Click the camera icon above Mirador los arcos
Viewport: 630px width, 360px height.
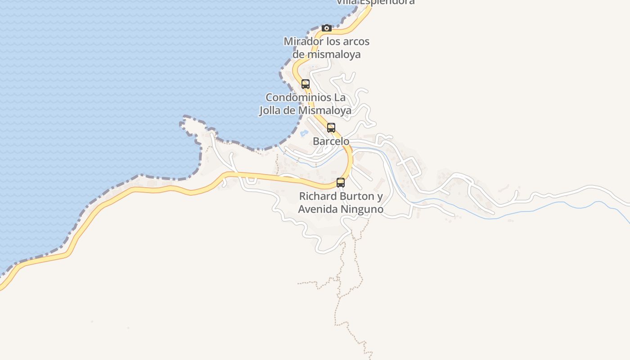pos(327,28)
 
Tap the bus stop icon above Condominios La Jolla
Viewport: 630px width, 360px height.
pos(306,84)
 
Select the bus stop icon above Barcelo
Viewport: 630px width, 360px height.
pos(331,128)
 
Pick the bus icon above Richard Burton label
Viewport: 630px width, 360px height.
pos(341,183)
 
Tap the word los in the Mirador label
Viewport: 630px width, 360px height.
pos(332,41)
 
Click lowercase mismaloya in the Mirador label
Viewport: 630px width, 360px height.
pos(333,54)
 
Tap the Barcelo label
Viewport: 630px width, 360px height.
pos(331,141)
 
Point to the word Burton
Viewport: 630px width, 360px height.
pos(357,196)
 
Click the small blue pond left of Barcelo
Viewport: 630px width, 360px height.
pos(304,133)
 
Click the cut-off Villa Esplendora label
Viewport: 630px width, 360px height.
pos(376,2)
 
